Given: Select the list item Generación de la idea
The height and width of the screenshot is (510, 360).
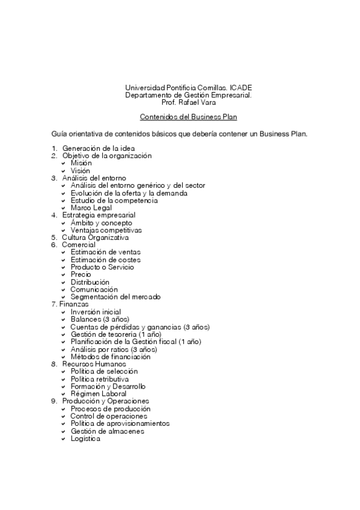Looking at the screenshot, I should click(x=98, y=148).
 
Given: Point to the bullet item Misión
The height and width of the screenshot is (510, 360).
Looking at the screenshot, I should click(x=81, y=163).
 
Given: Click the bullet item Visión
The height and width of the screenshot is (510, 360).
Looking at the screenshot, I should click(x=81, y=170).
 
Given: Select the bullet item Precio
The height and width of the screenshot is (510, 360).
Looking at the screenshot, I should click(x=81, y=274).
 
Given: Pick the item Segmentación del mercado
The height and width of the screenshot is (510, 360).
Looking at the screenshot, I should click(x=115, y=296).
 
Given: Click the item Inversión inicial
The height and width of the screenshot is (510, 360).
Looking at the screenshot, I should click(x=95, y=312).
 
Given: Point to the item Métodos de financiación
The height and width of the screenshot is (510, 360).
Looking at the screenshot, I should click(x=109, y=356).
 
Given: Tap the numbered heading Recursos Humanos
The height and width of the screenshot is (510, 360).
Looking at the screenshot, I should click(x=94, y=364).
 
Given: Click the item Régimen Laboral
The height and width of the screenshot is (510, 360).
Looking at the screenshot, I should click(x=98, y=393).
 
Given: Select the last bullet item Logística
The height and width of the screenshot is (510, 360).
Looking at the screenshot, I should click(x=85, y=438).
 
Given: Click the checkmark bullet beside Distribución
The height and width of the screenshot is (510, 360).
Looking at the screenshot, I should click(x=64, y=282).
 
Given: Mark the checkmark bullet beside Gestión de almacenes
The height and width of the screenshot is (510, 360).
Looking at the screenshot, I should click(x=64, y=431).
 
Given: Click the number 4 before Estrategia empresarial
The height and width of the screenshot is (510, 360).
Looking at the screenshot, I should click(x=54, y=215).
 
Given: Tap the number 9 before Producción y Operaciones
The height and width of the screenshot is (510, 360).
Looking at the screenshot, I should click(x=54, y=401).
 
